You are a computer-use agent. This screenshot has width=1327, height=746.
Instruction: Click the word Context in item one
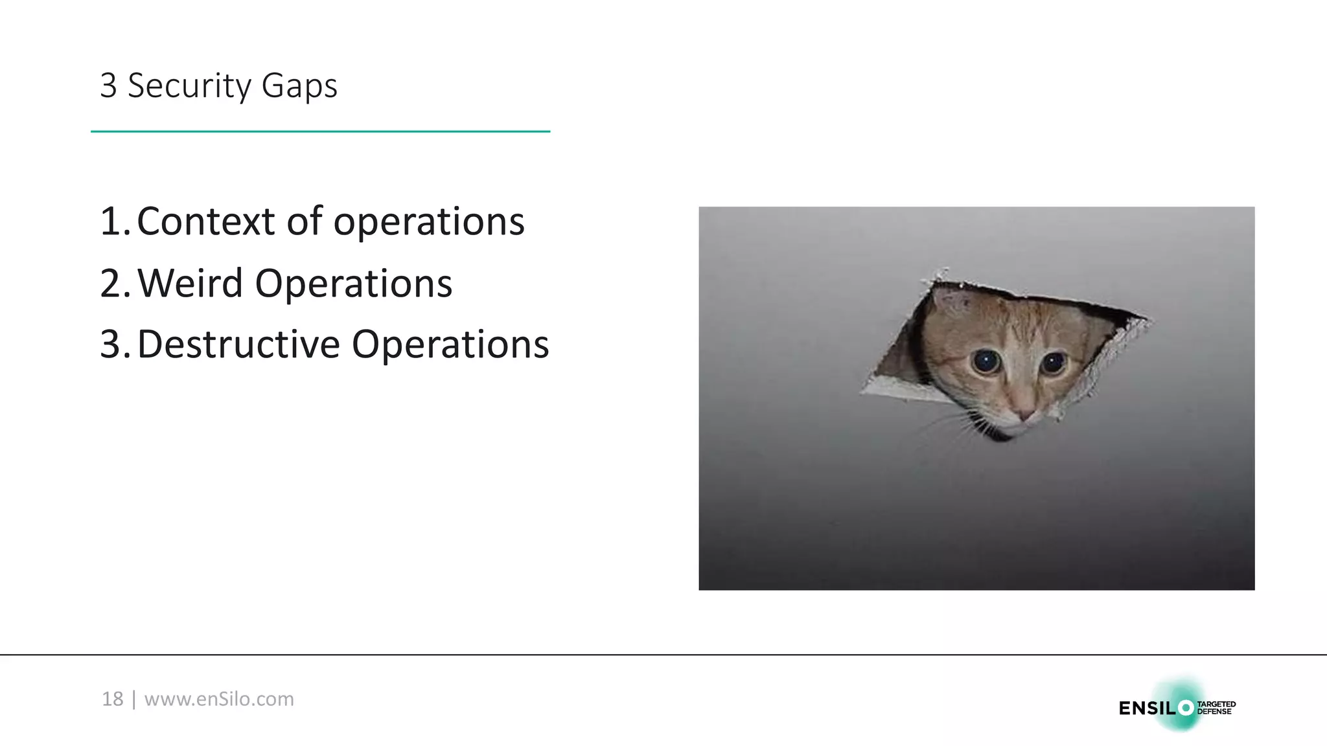click(205, 221)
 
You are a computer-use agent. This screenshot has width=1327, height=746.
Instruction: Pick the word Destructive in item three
click(238, 344)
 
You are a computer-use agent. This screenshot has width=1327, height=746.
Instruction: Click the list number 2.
click(111, 284)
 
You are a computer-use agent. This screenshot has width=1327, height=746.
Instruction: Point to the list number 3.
click(111, 344)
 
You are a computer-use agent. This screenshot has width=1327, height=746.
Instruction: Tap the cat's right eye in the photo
click(1054, 363)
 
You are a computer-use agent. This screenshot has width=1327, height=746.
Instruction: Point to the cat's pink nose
click(1025, 414)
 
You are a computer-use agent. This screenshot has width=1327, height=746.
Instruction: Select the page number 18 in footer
click(112, 699)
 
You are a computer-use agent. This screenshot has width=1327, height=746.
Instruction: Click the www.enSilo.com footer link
click(219, 699)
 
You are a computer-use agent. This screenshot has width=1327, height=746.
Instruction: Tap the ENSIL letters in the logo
click(1146, 708)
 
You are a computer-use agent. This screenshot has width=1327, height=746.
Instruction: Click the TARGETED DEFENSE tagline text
click(1216, 708)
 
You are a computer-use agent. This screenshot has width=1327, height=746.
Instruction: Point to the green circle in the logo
click(1186, 708)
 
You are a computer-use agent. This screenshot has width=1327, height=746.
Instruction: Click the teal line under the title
click(320, 131)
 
